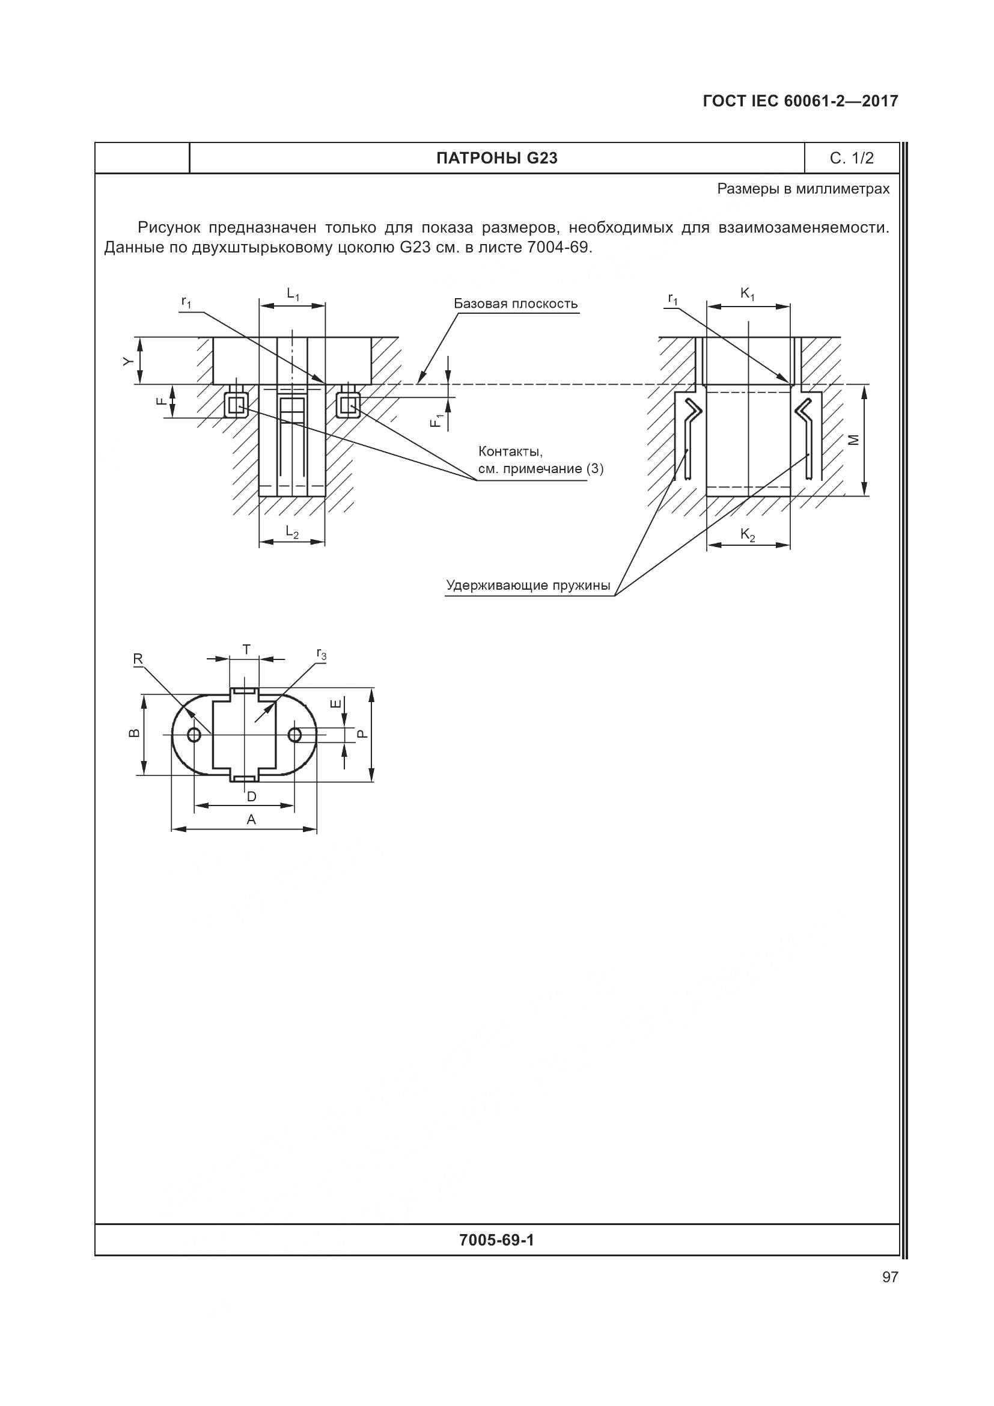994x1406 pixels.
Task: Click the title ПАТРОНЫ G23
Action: tap(496, 159)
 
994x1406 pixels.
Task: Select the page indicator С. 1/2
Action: tap(852, 159)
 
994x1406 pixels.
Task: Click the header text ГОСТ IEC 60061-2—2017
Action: tap(800, 102)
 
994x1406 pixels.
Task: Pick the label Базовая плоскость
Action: tap(516, 304)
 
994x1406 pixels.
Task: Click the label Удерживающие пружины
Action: tap(528, 585)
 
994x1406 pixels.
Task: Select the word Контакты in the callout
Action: tap(510, 452)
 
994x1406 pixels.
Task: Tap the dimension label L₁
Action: tap(293, 295)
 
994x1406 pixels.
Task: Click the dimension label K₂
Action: tap(748, 534)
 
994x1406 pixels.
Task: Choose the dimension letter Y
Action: tap(127, 361)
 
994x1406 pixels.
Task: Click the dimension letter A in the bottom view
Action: tap(251, 819)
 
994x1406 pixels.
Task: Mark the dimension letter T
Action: tap(246, 650)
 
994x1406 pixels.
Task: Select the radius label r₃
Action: tap(322, 655)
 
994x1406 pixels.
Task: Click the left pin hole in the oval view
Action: tap(194, 735)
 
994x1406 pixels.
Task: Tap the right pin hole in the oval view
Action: tap(295, 734)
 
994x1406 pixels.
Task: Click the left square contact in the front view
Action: tap(236, 404)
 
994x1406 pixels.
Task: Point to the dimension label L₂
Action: tap(292, 533)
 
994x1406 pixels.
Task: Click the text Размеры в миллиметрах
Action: tap(803, 189)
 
